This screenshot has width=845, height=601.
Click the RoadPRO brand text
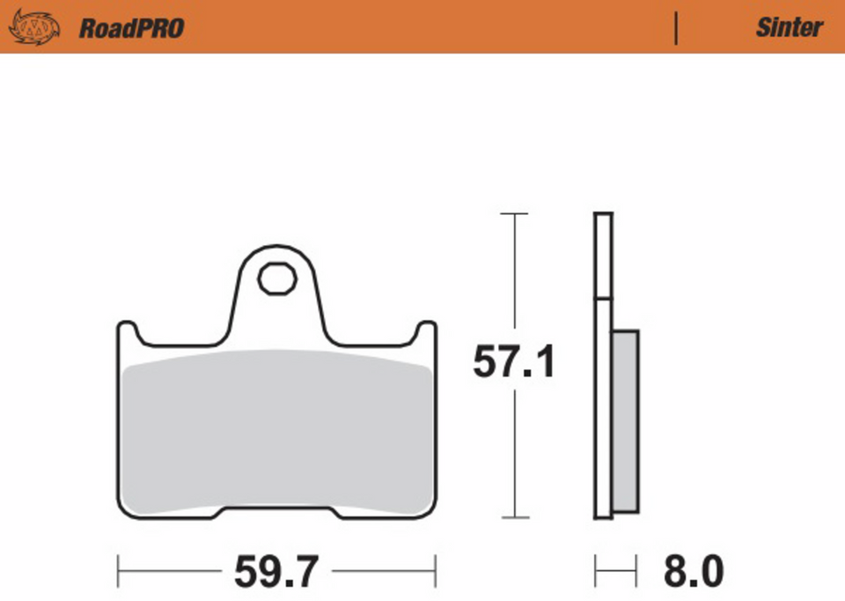[131, 28]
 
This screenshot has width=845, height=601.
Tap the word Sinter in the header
[789, 27]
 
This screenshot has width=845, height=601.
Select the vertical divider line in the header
[676, 28]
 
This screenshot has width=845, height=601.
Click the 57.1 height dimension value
[514, 362]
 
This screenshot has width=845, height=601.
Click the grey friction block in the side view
[625, 421]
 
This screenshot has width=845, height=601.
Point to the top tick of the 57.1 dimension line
[514, 213]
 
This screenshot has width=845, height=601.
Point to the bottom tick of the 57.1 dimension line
[514, 517]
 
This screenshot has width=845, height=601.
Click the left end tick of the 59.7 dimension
[118, 571]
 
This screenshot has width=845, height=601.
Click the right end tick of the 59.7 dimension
[436, 571]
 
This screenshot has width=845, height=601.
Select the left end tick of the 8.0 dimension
[596, 571]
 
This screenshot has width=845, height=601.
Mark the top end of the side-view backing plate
[603, 215]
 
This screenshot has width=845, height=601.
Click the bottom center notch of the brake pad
[277, 509]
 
